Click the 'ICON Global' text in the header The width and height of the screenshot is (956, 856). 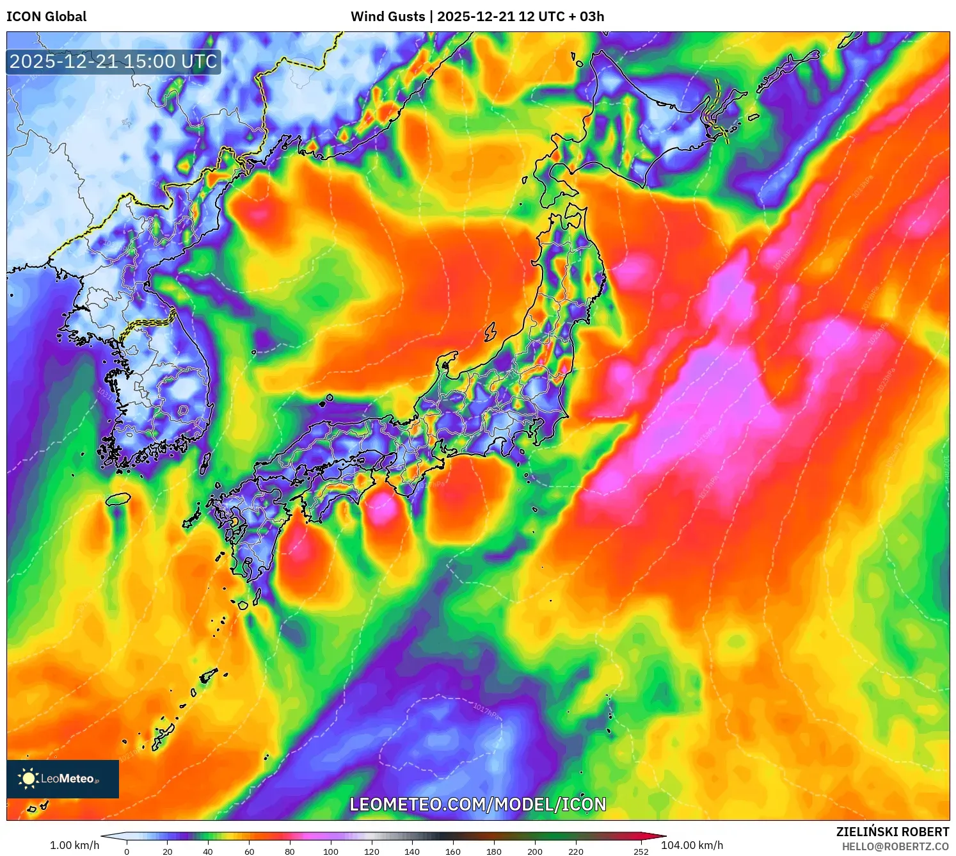[46, 17]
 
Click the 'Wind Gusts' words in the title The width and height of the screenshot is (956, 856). [388, 17]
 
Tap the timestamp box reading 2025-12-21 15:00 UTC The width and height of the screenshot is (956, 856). [113, 62]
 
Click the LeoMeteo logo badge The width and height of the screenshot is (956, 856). [63, 779]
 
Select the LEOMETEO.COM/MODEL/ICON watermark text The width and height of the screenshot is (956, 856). [477, 805]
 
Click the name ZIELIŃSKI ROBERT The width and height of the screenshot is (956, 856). [892, 832]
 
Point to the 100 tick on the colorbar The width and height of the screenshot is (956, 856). [330, 852]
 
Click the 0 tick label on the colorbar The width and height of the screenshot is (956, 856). [127, 852]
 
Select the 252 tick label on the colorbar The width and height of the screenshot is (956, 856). [641, 852]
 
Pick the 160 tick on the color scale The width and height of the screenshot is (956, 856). [453, 852]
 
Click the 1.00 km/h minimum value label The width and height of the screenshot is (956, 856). [74, 845]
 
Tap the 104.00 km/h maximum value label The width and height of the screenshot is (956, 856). [692, 845]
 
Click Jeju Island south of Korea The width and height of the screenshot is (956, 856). [118, 499]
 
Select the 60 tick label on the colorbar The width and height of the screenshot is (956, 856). [249, 852]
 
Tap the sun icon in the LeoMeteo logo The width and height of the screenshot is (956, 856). [28, 779]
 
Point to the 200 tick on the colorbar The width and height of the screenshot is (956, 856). [535, 852]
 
